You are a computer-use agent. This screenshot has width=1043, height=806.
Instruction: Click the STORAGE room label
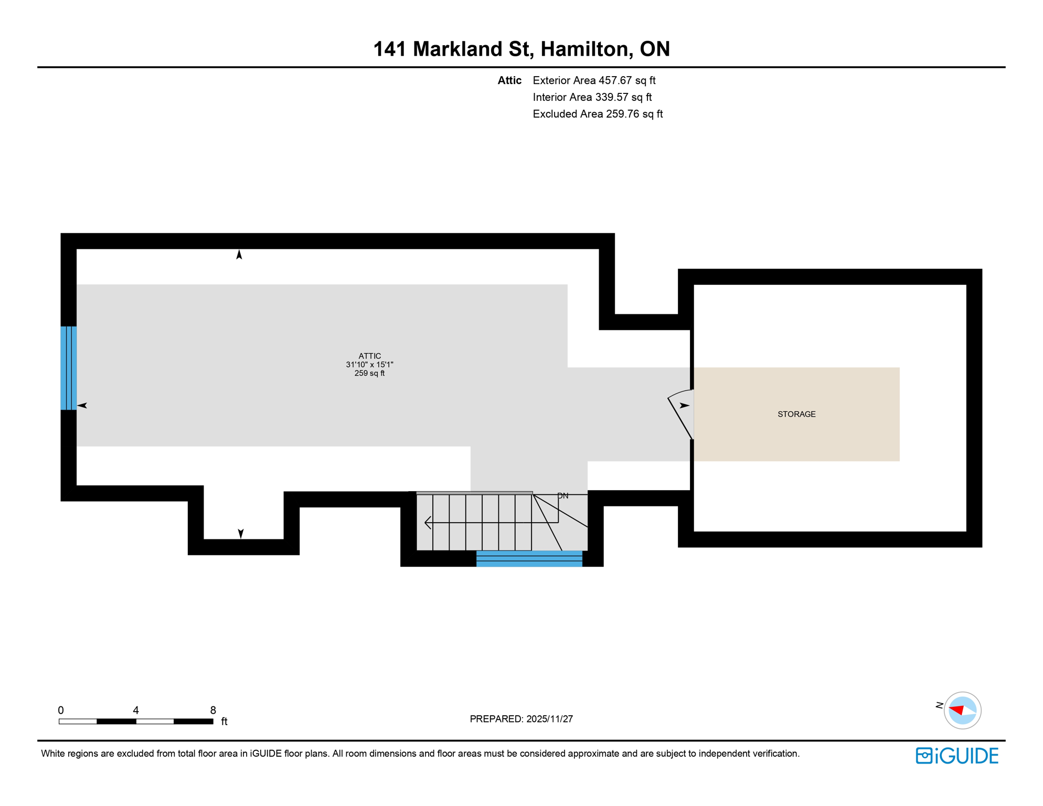coord(796,414)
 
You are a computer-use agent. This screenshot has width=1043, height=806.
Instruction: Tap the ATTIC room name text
coord(369,356)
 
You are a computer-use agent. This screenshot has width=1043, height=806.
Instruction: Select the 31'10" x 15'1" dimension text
coord(369,364)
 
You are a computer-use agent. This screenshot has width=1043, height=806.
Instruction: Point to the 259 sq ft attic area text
coord(369,373)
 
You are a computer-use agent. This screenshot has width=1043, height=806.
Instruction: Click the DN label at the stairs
coord(562,496)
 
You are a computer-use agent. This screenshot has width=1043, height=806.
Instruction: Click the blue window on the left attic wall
coord(69,368)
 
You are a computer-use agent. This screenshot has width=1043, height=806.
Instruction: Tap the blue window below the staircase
coord(529,558)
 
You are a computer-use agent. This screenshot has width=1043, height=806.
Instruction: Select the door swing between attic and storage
coord(680,415)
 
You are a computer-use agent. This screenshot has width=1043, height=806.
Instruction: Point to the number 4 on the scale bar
coord(136,710)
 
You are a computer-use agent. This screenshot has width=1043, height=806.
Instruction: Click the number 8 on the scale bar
coord(213,710)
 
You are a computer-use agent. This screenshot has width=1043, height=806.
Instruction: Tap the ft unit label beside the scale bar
coord(224,722)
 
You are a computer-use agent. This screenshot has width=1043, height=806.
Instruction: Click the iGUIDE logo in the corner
coord(957,756)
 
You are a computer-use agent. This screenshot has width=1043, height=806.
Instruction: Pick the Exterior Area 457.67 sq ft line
coord(594,80)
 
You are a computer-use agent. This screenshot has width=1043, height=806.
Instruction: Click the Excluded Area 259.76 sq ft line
coord(598,114)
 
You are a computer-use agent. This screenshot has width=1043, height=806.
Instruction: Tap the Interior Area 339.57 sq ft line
coord(592,97)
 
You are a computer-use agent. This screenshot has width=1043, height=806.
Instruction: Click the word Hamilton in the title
coord(584,49)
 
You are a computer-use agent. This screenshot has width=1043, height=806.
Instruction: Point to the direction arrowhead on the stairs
coord(428,523)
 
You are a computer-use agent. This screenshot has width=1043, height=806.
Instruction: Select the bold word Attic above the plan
coord(509,80)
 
